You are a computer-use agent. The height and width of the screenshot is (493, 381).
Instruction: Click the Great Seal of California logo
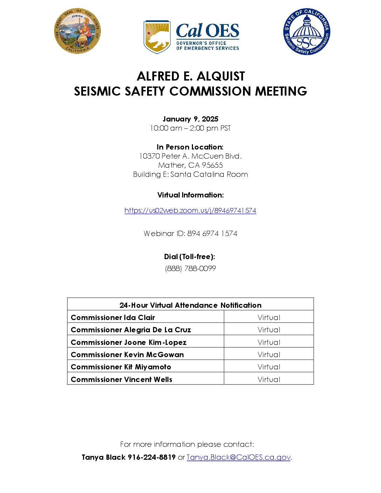(x=77, y=31)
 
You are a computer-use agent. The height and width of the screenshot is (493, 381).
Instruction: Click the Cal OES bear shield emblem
(x=157, y=36)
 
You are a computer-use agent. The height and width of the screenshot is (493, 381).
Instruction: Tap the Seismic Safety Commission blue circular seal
(x=306, y=32)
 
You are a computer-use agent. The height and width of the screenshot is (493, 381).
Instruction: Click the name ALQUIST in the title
(x=221, y=76)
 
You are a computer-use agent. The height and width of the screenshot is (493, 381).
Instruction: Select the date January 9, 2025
(x=190, y=119)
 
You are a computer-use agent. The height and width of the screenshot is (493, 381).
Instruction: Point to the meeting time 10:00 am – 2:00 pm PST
(x=190, y=128)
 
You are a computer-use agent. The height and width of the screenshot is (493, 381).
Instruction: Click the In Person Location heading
(x=190, y=147)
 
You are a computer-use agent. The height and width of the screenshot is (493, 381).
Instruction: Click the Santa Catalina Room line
(x=190, y=174)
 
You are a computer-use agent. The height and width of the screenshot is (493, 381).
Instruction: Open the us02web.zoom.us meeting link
(x=190, y=210)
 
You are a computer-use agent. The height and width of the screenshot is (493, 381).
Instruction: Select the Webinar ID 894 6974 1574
(x=212, y=234)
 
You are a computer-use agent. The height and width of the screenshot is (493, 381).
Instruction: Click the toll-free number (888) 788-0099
(x=190, y=269)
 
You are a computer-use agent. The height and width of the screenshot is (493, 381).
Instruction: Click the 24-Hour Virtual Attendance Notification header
(x=190, y=305)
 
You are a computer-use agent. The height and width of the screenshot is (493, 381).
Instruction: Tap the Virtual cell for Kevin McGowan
(x=269, y=355)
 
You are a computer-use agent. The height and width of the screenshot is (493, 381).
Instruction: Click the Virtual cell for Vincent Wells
(x=269, y=380)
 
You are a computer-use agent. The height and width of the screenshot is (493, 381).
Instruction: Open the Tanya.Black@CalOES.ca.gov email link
(x=238, y=457)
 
